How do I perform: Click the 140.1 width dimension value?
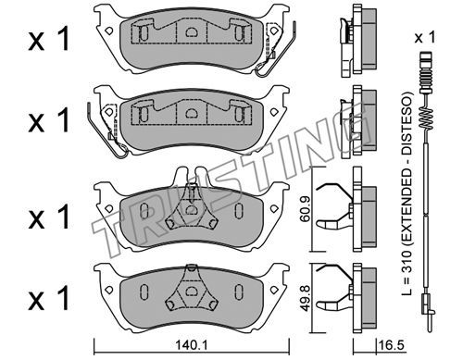click(x=192, y=345)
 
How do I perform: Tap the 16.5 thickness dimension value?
click(x=391, y=345)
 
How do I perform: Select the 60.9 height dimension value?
click(x=306, y=209)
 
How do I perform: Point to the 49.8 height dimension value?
click(x=306, y=298)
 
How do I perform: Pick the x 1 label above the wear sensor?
click(x=425, y=38)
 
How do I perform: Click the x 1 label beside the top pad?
click(x=49, y=39)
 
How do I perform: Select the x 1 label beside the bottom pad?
click(x=49, y=298)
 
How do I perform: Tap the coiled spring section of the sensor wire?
click(x=427, y=118)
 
